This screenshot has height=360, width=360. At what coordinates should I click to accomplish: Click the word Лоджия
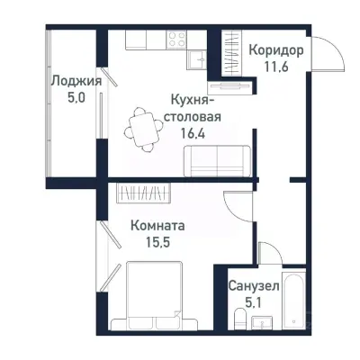tap(75, 81)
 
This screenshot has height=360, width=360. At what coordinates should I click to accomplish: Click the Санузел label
tap(254, 284)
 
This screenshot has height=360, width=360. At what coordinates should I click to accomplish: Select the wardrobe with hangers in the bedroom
tap(144, 193)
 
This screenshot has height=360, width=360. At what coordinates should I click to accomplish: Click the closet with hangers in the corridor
tap(221, 58)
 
